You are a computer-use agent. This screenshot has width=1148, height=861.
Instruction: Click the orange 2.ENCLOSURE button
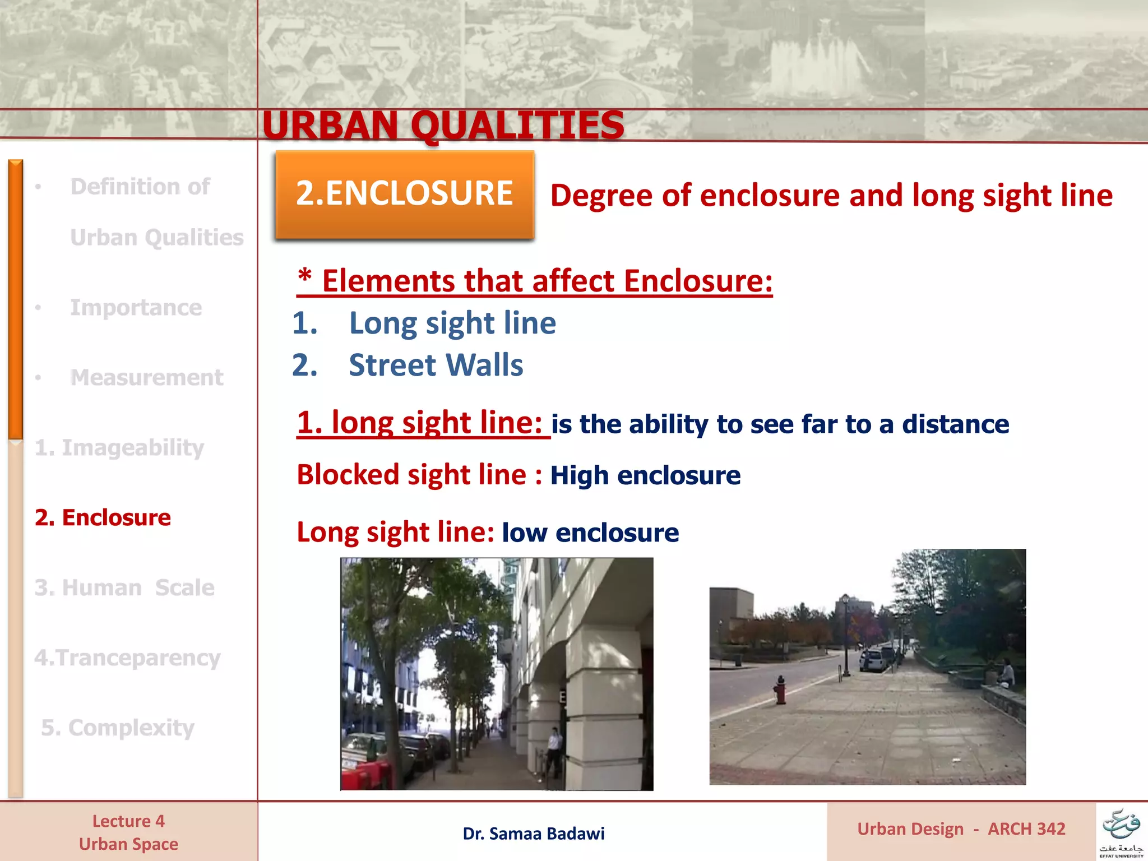(x=404, y=194)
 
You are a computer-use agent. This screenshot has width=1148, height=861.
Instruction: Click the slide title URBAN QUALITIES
(x=443, y=125)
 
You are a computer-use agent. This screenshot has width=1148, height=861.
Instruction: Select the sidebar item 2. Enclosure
(x=103, y=517)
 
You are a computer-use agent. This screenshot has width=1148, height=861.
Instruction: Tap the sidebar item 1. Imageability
(x=119, y=447)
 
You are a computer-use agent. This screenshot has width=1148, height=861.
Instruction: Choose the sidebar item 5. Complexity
(x=118, y=728)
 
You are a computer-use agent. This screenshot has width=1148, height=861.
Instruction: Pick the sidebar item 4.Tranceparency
(x=127, y=658)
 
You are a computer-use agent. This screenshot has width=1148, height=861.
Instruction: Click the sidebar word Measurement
(x=146, y=377)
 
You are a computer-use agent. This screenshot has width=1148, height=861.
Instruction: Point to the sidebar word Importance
(x=136, y=307)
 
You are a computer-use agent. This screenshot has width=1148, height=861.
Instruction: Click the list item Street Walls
(x=436, y=365)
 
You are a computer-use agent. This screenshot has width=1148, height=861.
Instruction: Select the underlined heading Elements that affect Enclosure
(x=535, y=281)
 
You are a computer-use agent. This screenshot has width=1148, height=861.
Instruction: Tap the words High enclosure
(x=645, y=475)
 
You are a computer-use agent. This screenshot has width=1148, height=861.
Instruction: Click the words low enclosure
(x=590, y=533)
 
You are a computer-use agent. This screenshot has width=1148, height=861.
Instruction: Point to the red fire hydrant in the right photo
(x=780, y=690)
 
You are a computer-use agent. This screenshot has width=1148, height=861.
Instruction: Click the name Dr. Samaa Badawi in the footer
(x=534, y=834)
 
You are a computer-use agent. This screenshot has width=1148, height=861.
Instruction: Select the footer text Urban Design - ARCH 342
(x=961, y=829)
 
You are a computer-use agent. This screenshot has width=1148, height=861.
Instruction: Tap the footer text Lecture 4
(x=128, y=821)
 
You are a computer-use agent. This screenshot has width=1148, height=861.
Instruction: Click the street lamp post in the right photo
(x=845, y=633)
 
